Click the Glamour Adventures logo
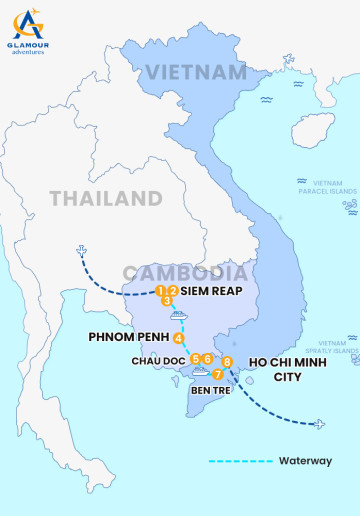(x=27, y=31)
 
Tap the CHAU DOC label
(x=157, y=360)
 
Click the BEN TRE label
(x=210, y=390)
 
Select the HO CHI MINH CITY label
(x=287, y=369)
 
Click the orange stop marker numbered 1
(x=160, y=291)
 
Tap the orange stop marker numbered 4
(x=178, y=338)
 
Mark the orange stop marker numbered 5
(x=195, y=358)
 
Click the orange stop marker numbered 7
(x=217, y=374)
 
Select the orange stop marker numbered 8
(x=228, y=361)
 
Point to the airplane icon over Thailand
(x=79, y=251)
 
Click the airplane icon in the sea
(x=319, y=424)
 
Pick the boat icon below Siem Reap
(x=178, y=315)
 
